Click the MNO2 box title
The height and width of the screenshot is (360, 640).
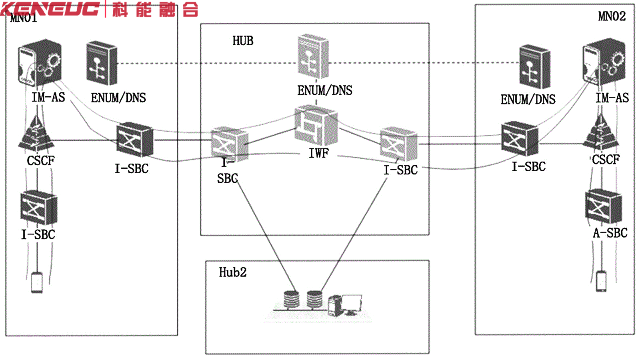click(x=612, y=16)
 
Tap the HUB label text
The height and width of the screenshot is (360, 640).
click(x=243, y=41)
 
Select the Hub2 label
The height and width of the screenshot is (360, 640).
click(x=232, y=272)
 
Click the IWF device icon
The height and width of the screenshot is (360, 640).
click(x=316, y=126)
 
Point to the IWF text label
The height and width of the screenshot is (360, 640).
click(x=319, y=153)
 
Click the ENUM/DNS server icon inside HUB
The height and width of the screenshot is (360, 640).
click(x=313, y=57)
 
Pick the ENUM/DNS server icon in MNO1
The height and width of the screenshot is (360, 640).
click(x=102, y=63)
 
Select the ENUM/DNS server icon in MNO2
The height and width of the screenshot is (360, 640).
click(x=534, y=67)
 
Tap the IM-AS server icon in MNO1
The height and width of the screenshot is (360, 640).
click(x=39, y=62)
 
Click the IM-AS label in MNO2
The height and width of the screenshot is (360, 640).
click(x=612, y=98)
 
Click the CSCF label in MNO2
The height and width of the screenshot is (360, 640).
click(x=606, y=160)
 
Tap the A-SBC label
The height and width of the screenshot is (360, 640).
click(x=610, y=233)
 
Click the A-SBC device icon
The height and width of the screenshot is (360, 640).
click(x=603, y=206)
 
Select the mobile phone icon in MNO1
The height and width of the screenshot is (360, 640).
click(x=37, y=282)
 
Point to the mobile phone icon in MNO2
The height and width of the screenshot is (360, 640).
click(x=601, y=281)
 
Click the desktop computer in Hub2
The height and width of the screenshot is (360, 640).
click(x=345, y=306)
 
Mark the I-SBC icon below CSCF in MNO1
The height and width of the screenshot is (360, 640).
click(x=38, y=208)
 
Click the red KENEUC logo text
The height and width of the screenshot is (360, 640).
click(x=50, y=9)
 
